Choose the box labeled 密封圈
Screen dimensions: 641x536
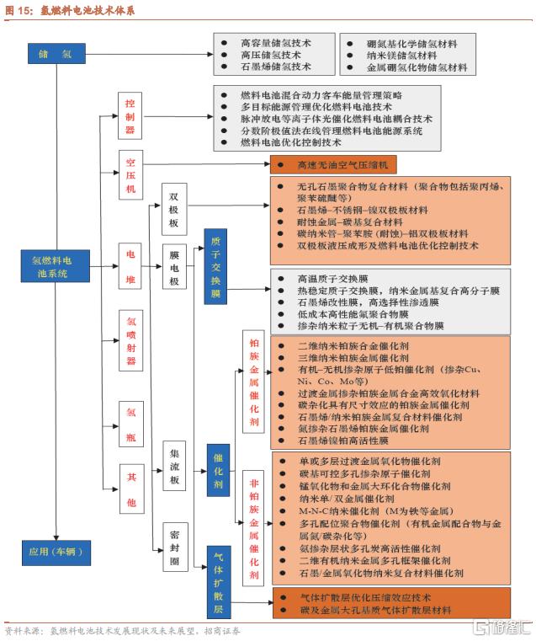point(174,547)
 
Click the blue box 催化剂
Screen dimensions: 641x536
point(217,471)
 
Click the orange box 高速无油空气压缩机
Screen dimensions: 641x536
point(321,165)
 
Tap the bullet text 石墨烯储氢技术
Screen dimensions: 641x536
point(275,66)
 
